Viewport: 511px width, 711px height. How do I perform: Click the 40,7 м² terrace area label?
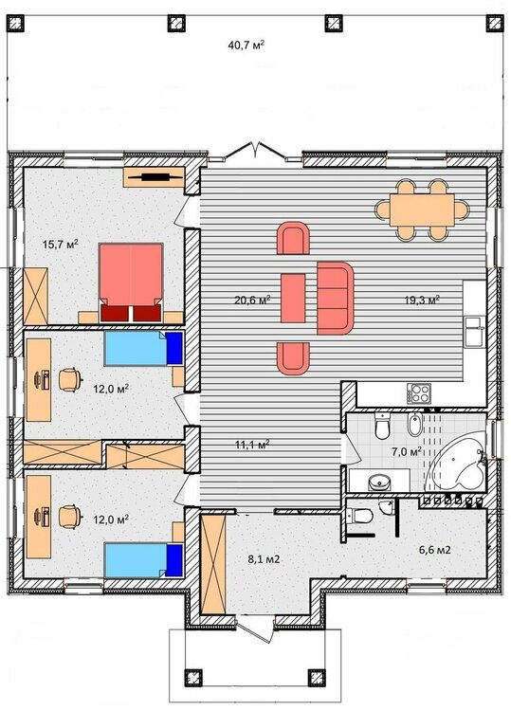tap(246, 45)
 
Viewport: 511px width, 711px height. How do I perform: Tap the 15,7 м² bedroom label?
tap(61, 245)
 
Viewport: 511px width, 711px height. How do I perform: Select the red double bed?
tap(131, 283)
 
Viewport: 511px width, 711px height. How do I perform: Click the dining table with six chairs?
tap(422, 210)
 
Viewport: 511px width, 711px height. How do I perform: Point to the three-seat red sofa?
tap(335, 298)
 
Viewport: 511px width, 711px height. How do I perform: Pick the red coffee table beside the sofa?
tap(293, 298)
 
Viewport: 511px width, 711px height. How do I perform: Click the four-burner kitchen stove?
tap(418, 393)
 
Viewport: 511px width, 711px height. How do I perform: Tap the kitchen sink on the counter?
tap(474, 332)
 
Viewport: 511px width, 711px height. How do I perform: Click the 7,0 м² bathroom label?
tap(407, 451)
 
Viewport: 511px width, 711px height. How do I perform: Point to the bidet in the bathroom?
tap(414, 425)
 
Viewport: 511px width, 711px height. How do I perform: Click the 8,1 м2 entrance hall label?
tap(264, 559)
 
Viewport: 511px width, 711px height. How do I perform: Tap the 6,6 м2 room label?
tap(434, 550)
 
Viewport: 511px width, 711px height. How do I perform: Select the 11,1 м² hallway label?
tap(252, 445)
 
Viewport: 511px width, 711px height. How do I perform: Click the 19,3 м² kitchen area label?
tap(422, 300)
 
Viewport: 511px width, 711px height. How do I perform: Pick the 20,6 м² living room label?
tap(252, 300)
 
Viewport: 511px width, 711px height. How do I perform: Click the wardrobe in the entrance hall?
tap(212, 565)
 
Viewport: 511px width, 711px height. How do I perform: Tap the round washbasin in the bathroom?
tap(379, 482)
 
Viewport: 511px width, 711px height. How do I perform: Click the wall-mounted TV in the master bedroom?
tap(155, 177)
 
